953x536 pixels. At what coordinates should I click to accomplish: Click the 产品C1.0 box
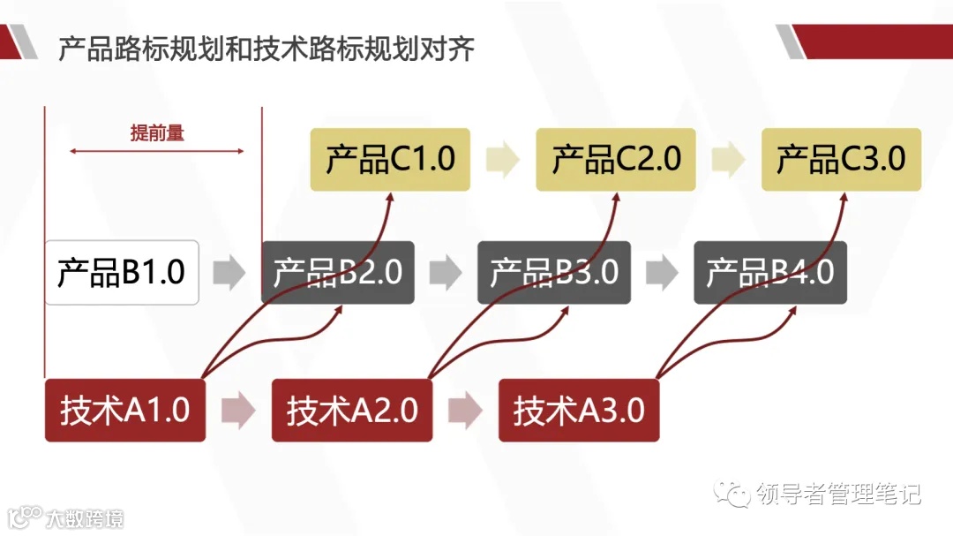click(x=389, y=159)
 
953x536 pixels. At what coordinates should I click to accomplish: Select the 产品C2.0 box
click(x=616, y=159)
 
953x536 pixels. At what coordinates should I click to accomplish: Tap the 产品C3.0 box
click(x=841, y=159)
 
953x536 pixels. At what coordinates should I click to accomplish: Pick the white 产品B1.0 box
click(x=121, y=272)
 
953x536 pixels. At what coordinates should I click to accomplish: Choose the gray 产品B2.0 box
click(x=337, y=272)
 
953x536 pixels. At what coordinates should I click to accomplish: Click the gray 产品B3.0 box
click(x=553, y=272)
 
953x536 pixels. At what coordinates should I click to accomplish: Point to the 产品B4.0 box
click(x=769, y=272)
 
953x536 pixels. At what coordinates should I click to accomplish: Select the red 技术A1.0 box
click(x=124, y=411)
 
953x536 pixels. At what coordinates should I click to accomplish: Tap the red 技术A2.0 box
click(x=351, y=411)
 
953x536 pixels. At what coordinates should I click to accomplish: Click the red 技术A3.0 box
click(x=579, y=411)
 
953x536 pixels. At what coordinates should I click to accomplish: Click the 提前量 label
click(x=157, y=133)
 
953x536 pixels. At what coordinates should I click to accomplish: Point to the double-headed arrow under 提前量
click(x=156, y=152)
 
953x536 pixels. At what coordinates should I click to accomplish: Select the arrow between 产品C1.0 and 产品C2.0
click(x=502, y=159)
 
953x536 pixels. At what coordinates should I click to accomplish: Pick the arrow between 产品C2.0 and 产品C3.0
click(x=728, y=159)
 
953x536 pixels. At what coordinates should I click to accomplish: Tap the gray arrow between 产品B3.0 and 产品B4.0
click(x=662, y=272)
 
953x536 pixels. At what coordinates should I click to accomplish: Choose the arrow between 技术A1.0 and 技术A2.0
click(x=238, y=411)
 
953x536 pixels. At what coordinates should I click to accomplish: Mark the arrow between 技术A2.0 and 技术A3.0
click(x=465, y=411)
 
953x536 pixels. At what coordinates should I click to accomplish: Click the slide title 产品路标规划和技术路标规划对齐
click(x=266, y=49)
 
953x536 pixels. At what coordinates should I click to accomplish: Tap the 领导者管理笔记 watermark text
click(x=838, y=494)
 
